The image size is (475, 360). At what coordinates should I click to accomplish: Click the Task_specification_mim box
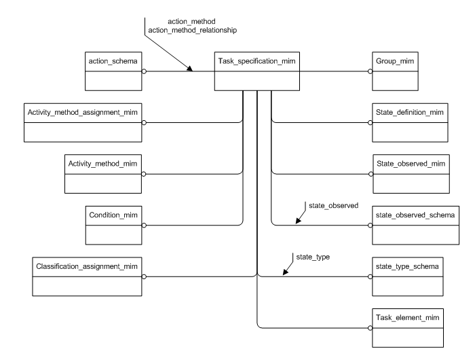click(x=256, y=70)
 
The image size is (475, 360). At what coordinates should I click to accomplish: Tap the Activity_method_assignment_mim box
click(x=83, y=122)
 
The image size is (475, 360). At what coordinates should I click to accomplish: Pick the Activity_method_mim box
click(x=104, y=174)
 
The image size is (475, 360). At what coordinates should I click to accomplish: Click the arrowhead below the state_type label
click(x=284, y=273)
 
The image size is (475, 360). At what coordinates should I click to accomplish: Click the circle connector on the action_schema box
click(x=142, y=70)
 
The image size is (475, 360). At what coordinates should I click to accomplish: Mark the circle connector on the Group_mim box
click(x=370, y=70)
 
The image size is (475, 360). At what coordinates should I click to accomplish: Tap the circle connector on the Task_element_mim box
click(x=370, y=328)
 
